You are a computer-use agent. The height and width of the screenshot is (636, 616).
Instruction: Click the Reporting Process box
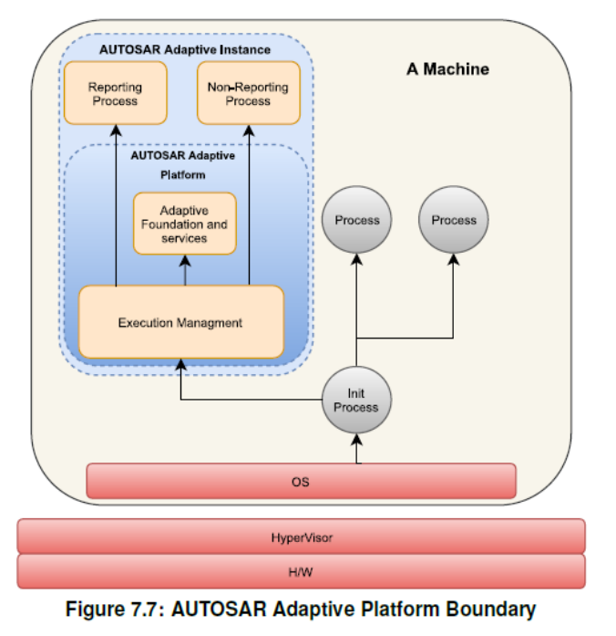pos(115,93)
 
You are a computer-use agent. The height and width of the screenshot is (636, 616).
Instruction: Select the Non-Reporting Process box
pos(249,93)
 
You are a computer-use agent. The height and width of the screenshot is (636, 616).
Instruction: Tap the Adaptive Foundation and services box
pos(184,224)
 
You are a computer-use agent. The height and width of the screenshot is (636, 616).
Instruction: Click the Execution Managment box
pos(180,322)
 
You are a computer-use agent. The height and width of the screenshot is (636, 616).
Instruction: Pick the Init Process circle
pos(355,401)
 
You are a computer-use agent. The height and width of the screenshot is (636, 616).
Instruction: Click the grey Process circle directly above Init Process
pos(356,220)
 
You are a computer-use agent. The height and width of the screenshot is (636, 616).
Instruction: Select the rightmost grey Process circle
pos(454,220)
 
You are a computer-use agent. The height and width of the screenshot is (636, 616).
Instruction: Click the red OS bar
pos(301,481)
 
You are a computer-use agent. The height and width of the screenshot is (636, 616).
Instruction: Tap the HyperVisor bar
pos(301,537)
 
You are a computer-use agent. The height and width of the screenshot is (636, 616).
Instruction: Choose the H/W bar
pos(301,571)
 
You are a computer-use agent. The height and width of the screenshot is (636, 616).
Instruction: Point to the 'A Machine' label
pos(447,69)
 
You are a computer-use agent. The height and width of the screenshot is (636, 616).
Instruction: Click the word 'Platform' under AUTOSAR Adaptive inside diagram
pos(183,174)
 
